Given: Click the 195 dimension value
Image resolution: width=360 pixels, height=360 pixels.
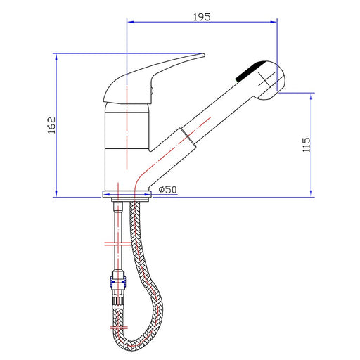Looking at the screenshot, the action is point(202,17).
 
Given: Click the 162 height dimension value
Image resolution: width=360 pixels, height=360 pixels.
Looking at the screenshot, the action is point(51,125).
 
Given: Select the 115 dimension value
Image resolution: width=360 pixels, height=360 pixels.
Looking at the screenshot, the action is point(306,145).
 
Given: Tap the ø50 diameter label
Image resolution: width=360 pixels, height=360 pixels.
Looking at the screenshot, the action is point(167,189).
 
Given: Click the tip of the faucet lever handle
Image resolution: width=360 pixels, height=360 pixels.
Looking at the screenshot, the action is point(204,55).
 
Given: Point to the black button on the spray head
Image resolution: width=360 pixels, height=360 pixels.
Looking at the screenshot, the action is point(250,71).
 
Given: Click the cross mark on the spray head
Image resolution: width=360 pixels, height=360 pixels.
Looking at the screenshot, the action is point(266,80).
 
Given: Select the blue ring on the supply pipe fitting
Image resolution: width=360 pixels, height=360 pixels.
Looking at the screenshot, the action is point(117,282).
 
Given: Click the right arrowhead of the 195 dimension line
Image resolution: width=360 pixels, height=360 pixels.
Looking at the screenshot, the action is point(274,22).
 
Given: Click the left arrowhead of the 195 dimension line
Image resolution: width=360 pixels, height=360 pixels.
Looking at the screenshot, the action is point(130,22).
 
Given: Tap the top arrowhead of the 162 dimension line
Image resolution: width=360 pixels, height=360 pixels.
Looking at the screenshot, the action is point(56,57).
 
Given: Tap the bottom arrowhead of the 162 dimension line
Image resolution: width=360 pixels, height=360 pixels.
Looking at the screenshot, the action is point(56,193).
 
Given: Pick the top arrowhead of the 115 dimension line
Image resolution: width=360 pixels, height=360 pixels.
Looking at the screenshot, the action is point(311,96).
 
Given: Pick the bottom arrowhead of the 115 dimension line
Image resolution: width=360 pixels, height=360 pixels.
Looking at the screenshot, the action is point(311,193).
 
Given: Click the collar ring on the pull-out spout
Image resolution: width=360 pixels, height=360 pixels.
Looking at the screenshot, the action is point(188,138).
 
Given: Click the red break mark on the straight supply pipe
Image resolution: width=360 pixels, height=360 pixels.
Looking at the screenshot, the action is point(117,244).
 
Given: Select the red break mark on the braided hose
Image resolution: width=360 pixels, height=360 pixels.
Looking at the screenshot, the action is point(119,328).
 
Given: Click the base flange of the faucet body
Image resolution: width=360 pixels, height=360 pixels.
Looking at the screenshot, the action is point(127,194).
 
